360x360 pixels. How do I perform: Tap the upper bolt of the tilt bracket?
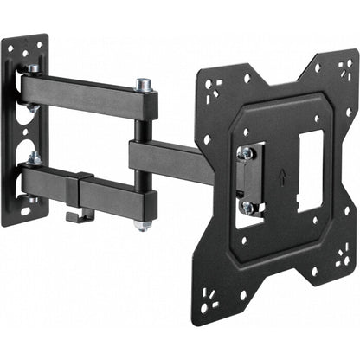(247, 152)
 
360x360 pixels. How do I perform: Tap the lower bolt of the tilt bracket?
(247, 208)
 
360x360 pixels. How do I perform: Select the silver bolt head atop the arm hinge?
(142, 85)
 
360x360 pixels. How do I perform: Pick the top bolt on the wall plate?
(32, 69)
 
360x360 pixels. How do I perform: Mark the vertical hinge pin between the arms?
(139, 156)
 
